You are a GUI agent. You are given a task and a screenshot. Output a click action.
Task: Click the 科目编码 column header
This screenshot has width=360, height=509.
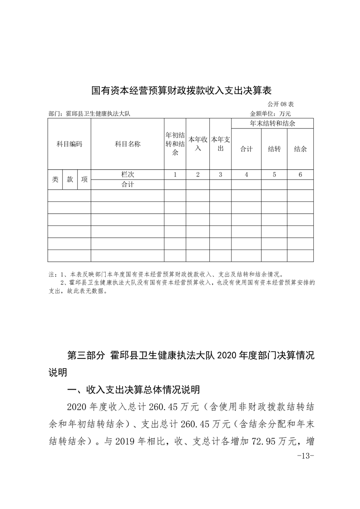(69, 144)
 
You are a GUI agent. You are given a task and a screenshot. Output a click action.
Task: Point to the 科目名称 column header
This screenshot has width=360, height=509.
(128, 144)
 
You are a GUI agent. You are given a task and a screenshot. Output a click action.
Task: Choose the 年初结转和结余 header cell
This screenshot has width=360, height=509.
(175, 144)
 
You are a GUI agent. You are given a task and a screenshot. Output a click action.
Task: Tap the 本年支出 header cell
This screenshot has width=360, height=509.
(220, 144)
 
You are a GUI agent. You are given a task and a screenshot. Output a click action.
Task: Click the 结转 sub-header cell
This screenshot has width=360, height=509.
(274, 149)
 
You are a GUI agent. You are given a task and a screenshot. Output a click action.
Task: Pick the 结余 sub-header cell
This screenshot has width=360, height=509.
(301, 149)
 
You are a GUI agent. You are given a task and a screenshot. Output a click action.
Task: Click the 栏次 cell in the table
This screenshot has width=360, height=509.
(128, 174)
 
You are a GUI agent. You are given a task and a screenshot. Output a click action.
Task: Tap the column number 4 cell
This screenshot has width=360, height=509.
(246, 174)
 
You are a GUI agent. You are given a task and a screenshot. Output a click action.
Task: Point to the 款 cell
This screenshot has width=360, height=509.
(70, 179)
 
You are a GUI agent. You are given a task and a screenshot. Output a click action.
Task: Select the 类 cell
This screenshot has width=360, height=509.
(55, 179)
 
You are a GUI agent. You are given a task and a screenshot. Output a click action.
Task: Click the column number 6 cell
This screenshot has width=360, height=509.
(301, 174)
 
